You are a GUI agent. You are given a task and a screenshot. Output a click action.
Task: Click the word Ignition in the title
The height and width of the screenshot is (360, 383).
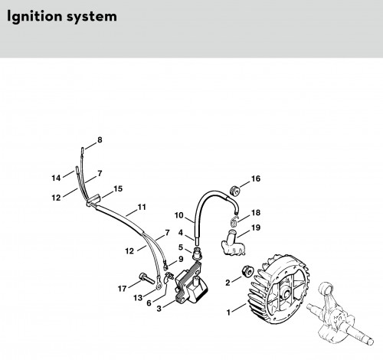coord(34,16)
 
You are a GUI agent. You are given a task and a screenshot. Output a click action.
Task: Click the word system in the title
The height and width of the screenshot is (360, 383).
coord(92,17)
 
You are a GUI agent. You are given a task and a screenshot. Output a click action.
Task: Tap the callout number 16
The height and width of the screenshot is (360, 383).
coord(256,178)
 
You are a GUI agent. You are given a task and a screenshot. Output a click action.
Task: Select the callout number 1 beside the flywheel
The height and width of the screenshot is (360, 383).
coord(228,312)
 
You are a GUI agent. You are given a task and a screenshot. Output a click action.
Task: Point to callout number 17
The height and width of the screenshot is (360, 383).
coord(122,289)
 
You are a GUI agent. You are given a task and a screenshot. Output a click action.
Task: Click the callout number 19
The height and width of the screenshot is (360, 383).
coord(256,227)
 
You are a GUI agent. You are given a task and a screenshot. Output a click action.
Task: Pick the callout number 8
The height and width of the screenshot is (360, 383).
coord(100,140)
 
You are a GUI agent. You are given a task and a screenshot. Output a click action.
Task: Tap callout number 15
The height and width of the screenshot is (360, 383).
coord(118,188)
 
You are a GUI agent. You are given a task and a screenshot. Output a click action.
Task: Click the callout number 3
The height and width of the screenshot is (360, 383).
coord(159,309)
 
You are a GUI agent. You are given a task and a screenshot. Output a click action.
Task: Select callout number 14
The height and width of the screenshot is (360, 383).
coord(56,178)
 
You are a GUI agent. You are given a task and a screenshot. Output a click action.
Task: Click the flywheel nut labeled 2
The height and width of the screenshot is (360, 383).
coord(247,271)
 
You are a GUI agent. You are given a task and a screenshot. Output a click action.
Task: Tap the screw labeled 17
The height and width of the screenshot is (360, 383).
coord(146,278)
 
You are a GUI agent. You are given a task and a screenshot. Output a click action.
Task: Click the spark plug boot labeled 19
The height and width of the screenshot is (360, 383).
coord(233,244)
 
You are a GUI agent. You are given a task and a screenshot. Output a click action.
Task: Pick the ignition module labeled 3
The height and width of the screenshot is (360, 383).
coord(191,282)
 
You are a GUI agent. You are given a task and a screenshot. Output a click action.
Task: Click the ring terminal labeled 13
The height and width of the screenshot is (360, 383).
coord(159,286)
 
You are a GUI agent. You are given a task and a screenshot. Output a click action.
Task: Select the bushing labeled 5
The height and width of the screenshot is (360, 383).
coord(198,254)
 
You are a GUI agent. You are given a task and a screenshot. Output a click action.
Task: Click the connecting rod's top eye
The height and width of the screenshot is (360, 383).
coord(326,290)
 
